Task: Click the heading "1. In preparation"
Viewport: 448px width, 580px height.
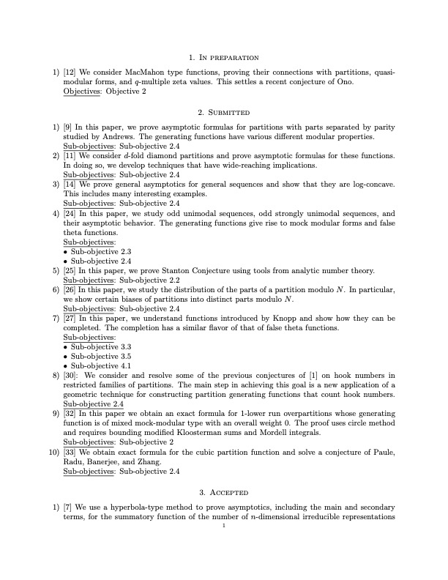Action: [224, 56]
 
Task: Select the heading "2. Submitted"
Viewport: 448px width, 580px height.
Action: [224, 113]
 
